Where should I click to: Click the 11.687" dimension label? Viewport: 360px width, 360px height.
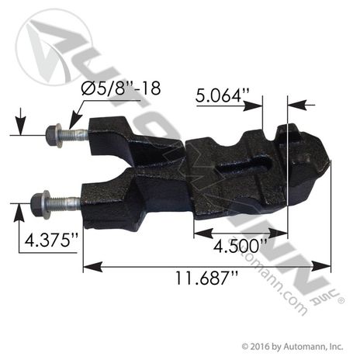click(206, 278)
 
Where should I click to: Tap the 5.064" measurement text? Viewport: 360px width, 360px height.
click(223, 95)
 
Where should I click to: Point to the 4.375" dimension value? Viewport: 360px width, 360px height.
click(50, 240)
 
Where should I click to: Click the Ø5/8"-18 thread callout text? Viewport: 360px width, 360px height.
click(121, 88)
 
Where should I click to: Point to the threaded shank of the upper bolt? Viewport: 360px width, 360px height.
click(75, 135)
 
